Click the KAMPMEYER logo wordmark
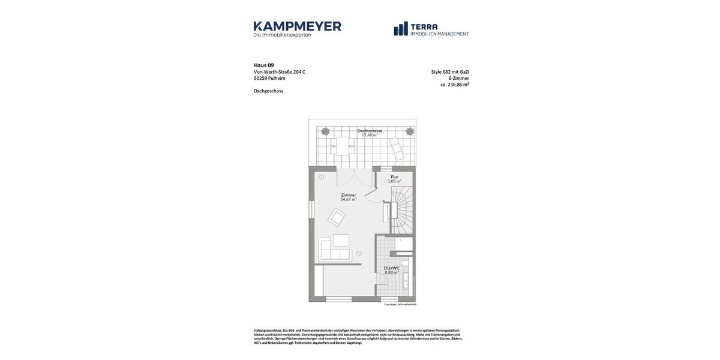click(297, 26)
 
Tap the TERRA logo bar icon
click(401, 29)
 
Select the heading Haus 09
click(263, 65)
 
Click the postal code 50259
click(260, 79)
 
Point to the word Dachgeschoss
click(268, 91)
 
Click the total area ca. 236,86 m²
click(454, 85)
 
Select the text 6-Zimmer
click(458, 78)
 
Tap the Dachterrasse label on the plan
click(370, 130)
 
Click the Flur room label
click(394, 177)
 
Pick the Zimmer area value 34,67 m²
click(348, 199)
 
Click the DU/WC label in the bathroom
click(391, 268)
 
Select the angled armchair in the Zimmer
click(336, 217)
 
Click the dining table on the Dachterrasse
click(343, 146)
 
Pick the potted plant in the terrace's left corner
click(325, 131)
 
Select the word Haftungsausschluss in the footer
click(268, 331)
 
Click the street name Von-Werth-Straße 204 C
click(279, 72)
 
